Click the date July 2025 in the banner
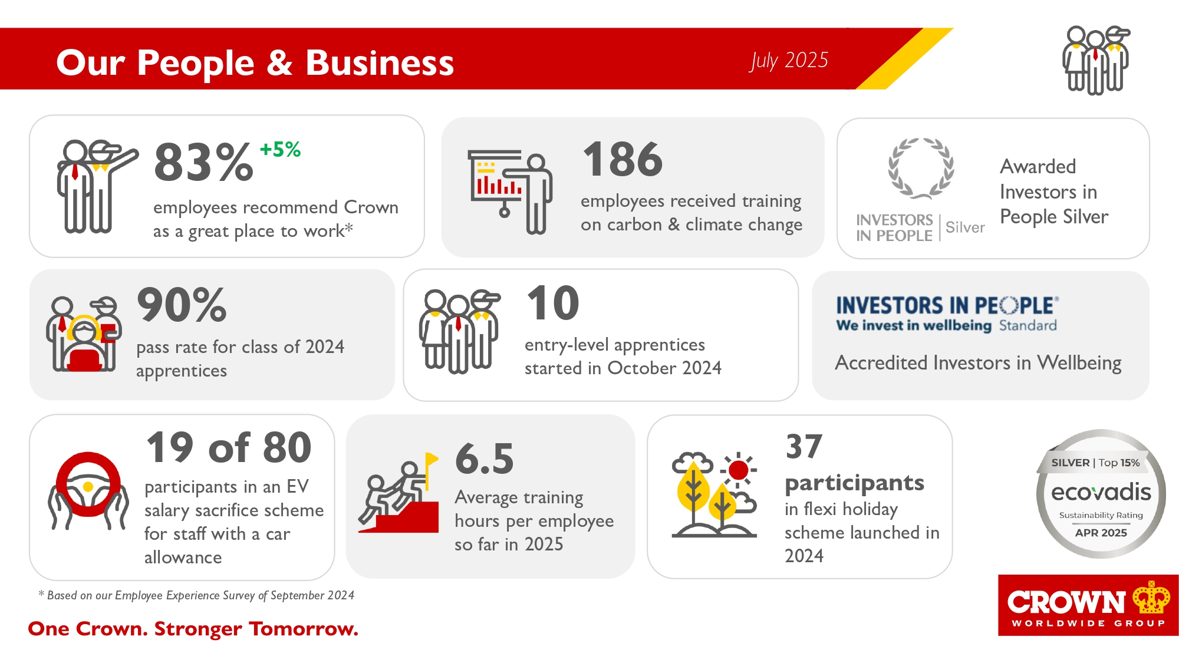click(x=789, y=61)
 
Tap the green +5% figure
click(x=280, y=149)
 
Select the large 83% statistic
click(x=203, y=162)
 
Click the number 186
click(x=623, y=159)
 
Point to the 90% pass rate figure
click(x=182, y=305)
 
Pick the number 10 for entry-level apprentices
click(x=553, y=303)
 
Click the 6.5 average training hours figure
click(x=485, y=459)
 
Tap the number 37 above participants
click(x=804, y=446)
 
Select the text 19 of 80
click(x=229, y=447)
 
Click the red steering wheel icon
click(x=88, y=484)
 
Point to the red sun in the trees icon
click(x=738, y=470)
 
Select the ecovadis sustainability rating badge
click(x=1101, y=494)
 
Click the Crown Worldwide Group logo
click(x=1088, y=605)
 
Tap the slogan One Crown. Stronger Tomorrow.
click(x=193, y=629)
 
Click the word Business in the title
click(x=380, y=63)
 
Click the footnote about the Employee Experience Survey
click(x=196, y=595)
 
